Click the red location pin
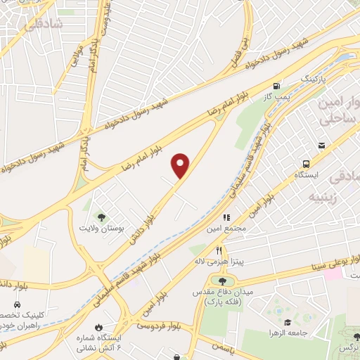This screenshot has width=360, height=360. click(x=181, y=165)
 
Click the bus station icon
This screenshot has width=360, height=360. click(x=305, y=162)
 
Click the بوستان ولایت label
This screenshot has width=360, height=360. click(x=96, y=229)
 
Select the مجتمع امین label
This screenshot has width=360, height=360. click(x=226, y=229)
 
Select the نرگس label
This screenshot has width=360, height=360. click(x=349, y=349)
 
